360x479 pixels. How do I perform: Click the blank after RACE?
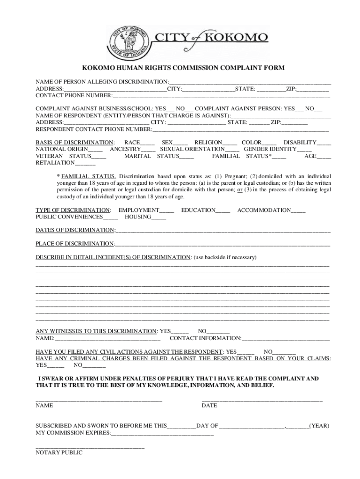(147, 143)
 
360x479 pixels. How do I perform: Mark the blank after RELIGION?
(230, 143)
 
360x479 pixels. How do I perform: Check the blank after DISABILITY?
(324, 143)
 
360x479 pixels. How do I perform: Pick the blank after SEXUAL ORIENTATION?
(232, 150)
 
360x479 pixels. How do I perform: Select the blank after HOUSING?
(158, 218)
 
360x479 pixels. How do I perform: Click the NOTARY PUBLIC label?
(59, 453)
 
